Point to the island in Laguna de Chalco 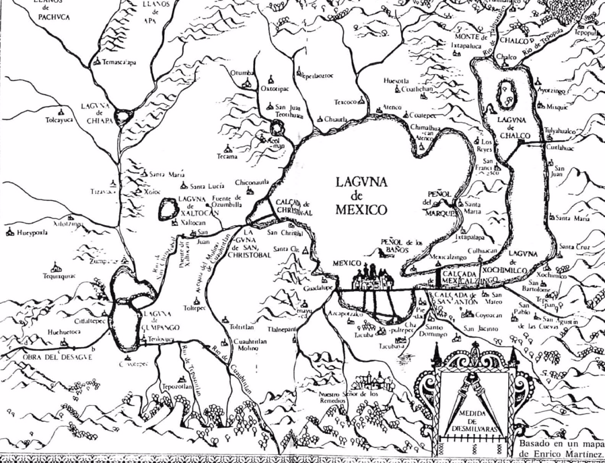[x=505, y=94]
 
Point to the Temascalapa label [x=118, y=63]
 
